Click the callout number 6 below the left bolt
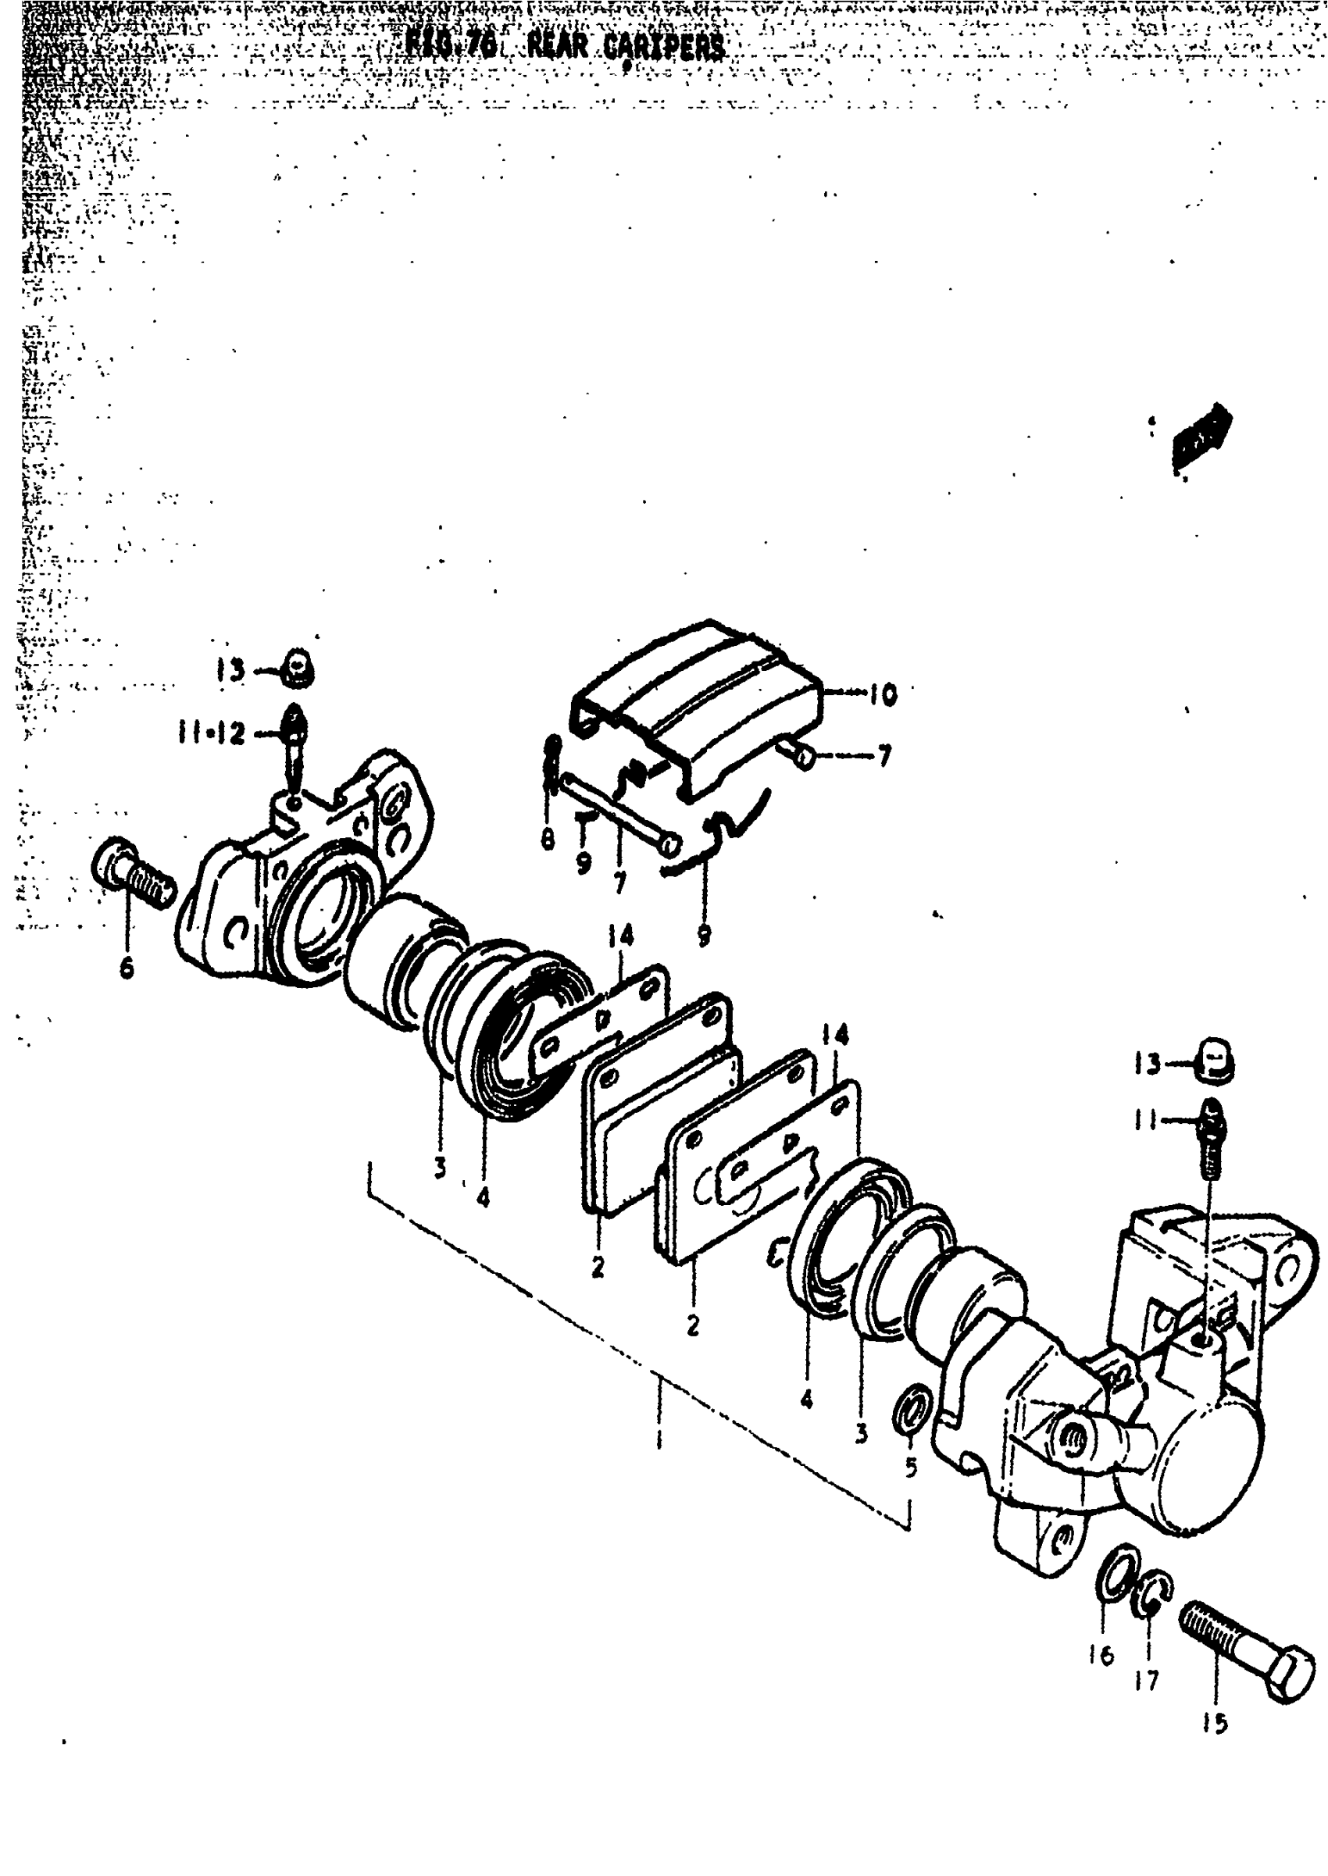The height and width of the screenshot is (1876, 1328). pyautogui.click(x=127, y=968)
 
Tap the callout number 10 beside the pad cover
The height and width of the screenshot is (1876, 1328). pyautogui.click(x=882, y=695)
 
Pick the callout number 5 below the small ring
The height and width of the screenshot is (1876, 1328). pyautogui.click(x=911, y=1468)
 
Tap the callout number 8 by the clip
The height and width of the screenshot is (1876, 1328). pyautogui.click(x=548, y=839)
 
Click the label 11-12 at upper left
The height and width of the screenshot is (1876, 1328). pyautogui.click(x=211, y=733)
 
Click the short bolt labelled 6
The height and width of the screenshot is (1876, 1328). pyautogui.click(x=134, y=872)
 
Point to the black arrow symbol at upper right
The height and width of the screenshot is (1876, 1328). pyautogui.click(x=1202, y=437)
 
